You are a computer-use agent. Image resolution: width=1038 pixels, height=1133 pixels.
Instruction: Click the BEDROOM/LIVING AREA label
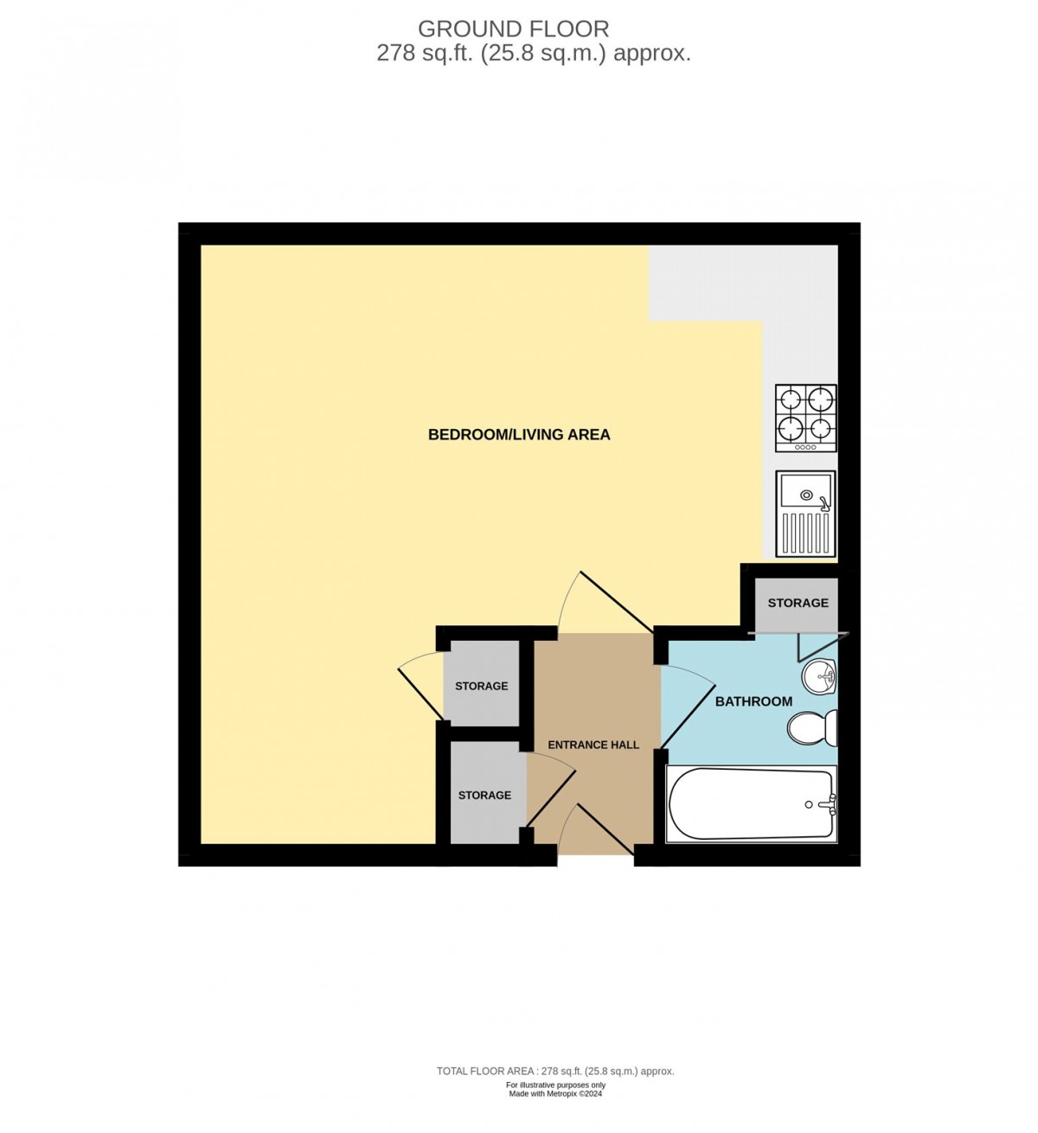[519, 434]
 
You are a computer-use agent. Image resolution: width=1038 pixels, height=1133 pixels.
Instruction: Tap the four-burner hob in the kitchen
[806, 417]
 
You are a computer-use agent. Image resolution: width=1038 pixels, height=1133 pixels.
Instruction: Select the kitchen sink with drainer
[806, 514]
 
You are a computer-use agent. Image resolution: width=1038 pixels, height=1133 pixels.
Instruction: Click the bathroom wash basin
[818, 676]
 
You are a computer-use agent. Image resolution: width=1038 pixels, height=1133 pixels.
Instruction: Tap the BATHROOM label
[753, 701]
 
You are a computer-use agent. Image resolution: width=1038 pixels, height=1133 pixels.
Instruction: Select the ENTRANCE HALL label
[593, 745]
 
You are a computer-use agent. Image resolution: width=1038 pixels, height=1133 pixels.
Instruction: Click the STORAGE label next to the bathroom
[798, 603]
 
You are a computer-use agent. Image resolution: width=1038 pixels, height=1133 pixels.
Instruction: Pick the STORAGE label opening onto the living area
[481, 686]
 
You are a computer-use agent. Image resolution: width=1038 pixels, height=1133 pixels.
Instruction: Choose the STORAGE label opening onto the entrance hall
[484, 795]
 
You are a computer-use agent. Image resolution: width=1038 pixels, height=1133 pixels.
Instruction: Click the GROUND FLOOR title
[514, 29]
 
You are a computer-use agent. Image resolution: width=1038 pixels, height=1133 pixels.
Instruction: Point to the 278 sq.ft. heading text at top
[534, 54]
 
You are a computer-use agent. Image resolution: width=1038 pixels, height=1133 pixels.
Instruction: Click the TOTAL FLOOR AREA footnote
[554, 1071]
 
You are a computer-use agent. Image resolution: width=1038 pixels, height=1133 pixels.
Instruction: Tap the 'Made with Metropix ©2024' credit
[555, 1094]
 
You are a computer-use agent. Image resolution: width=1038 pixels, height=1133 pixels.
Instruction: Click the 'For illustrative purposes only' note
[555, 1085]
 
